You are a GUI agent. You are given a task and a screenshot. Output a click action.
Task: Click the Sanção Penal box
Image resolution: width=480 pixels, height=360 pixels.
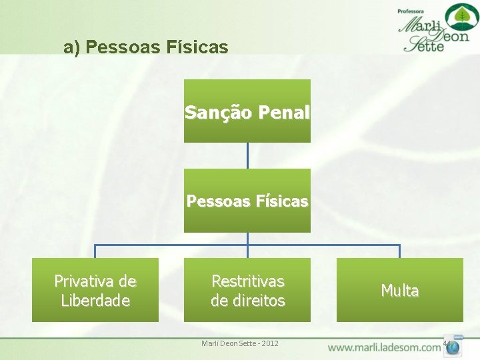[247, 111]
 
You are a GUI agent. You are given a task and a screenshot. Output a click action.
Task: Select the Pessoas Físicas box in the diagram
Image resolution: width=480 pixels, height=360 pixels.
[247, 200]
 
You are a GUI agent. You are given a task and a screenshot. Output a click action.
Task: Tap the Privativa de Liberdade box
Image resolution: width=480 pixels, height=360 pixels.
[95, 290]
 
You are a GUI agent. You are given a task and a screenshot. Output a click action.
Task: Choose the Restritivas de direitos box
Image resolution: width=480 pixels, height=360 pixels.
[247, 290]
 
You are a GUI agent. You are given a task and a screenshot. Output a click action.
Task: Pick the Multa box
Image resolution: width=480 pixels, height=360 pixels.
[399, 290]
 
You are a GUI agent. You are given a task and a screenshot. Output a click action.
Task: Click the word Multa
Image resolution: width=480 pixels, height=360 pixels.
[399, 291]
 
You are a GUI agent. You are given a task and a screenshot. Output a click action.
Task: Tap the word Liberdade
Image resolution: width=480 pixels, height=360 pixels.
[95, 300]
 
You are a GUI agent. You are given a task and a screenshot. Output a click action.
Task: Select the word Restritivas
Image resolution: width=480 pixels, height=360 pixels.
[247, 281]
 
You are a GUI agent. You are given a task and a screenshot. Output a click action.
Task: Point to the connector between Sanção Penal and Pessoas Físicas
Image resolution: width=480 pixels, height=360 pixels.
[247, 155]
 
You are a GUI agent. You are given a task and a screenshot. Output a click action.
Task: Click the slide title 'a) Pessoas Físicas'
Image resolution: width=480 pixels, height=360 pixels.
[146, 47]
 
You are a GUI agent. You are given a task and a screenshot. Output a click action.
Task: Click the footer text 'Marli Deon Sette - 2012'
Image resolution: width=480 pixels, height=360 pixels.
[240, 343]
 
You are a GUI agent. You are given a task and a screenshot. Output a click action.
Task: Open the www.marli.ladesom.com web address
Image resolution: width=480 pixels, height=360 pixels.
[384, 347]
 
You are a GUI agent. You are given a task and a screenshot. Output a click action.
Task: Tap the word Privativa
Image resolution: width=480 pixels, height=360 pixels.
[95, 281]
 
